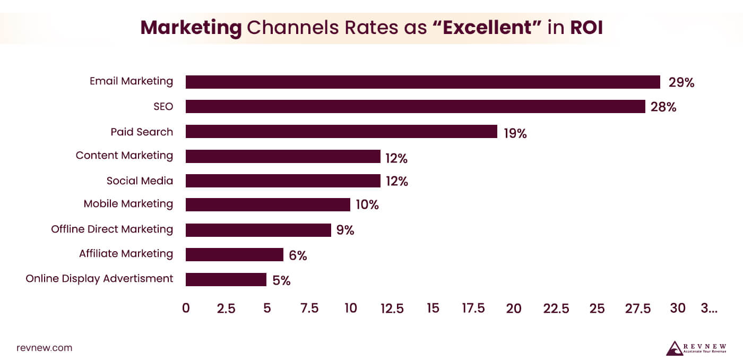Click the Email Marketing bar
click(x=422, y=82)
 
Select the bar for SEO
click(x=415, y=106)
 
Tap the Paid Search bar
click(x=341, y=132)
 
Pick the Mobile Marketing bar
click(x=268, y=204)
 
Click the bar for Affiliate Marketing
click(x=234, y=255)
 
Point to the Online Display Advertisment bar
click(x=226, y=279)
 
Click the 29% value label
click(x=681, y=82)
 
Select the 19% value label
click(x=515, y=133)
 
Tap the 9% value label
click(x=345, y=230)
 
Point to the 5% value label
click(x=281, y=280)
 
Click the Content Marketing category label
click(x=124, y=156)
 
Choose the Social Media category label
click(x=140, y=181)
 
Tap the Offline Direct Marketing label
click(x=112, y=229)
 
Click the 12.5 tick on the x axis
click(x=392, y=308)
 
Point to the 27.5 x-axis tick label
click(x=638, y=308)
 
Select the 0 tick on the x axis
click(x=186, y=308)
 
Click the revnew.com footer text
click(x=44, y=348)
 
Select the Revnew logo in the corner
click(x=696, y=348)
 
